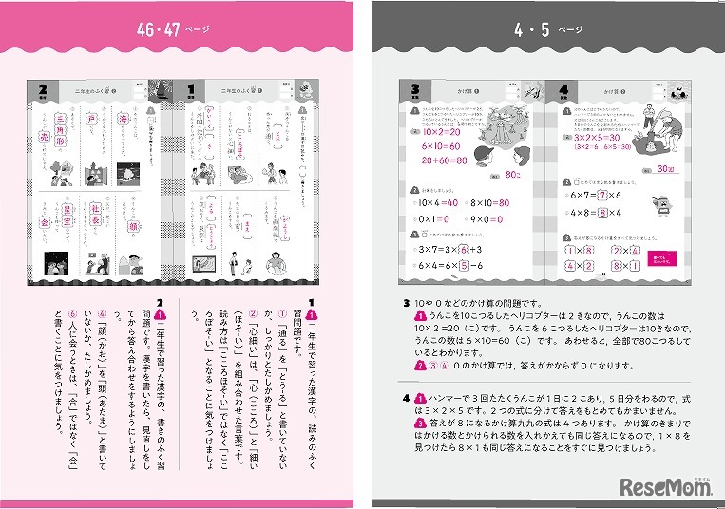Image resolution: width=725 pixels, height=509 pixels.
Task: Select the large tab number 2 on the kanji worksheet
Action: coord(43,90)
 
